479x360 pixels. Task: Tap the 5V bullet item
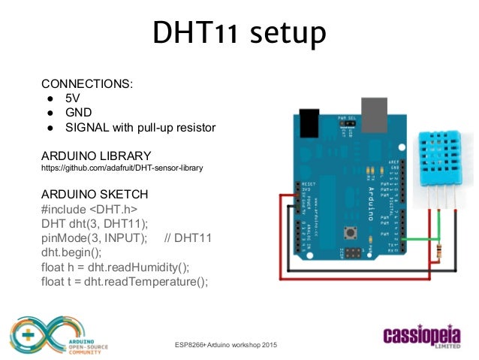coord(73,98)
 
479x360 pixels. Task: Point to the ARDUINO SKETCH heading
coord(95,193)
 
